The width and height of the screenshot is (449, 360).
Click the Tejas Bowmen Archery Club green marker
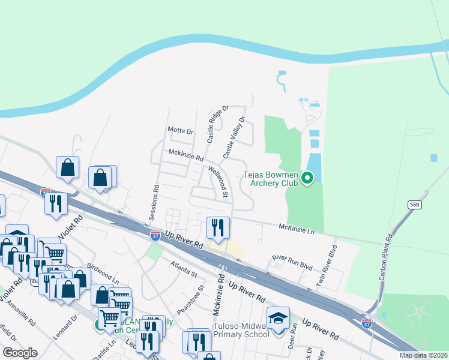click(x=307, y=178)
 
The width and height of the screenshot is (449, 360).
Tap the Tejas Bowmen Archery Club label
click(x=270, y=179)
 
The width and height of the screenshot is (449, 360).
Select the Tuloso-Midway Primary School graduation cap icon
click(x=279, y=318)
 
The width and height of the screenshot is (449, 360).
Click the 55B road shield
click(x=415, y=205)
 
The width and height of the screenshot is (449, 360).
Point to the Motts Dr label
click(x=181, y=131)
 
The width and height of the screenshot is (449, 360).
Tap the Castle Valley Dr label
click(x=235, y=137)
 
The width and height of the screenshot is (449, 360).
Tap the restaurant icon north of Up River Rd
click(x=217, y=227)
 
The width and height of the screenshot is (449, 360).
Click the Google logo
click(x=20, y=353)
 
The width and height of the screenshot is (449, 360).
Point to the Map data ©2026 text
click(x=424, y=355)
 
